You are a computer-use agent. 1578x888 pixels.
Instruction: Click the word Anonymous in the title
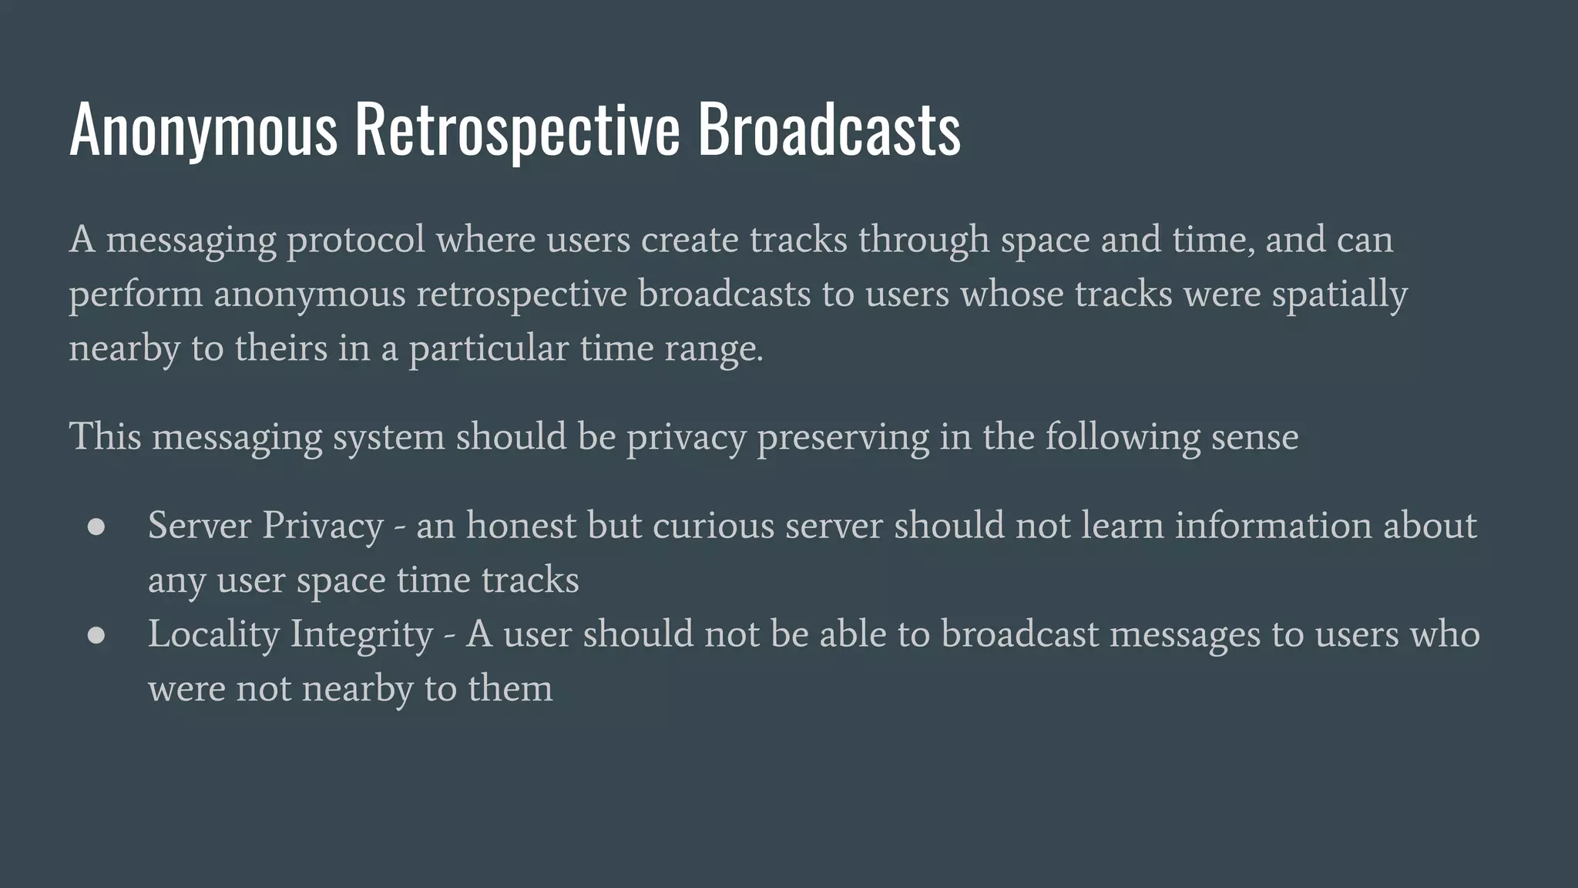pyautogui.click(x=203, y=129)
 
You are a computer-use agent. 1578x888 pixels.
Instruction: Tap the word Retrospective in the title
pyautogui.click(x=517, y=129)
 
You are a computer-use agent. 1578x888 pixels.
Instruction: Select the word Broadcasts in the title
pyautogui.click(x=829, y=129)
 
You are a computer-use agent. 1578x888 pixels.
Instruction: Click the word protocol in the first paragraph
pyautogui.click(x=356, y=240)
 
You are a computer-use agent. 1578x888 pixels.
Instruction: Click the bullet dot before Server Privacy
pyautogui.click(x=96, y=526)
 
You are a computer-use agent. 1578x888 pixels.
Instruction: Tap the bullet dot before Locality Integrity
pyautogui.click(x=96, y=635)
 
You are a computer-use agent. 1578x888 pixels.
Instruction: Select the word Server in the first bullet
pyautogui.click(x=200, y=526)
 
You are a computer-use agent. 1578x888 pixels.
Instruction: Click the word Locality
pyautogui.click(x=213, y=635)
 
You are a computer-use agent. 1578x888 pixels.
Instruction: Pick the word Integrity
pyautogui.click(x=362, y=635)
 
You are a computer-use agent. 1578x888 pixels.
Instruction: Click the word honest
pyautogui.click(x=521, y=526)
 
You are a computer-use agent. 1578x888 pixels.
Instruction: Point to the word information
pyautogui.click(x=1273, y=526)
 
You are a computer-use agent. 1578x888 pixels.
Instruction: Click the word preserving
pyautogui.click(x=843, y=438)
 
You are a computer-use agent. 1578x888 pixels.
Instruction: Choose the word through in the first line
pyautogui.click(x=924, y=240)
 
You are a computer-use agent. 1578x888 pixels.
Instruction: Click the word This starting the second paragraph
pyautogui.click(x=106, y=437)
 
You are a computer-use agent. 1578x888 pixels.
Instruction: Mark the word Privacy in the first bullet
pyautogui.click(x=323, y=526)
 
